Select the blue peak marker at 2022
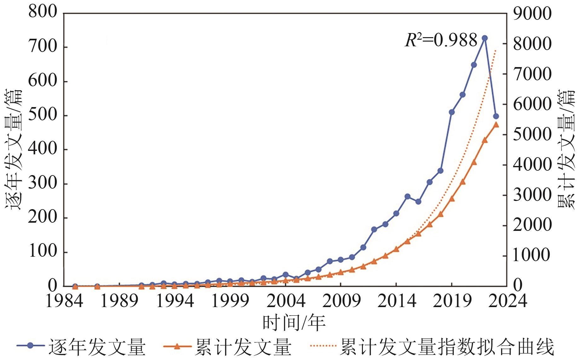485,38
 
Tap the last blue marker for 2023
496,116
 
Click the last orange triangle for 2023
496,125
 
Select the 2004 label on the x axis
286,301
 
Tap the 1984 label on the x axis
64,301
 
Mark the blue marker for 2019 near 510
451,112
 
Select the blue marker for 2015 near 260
407,197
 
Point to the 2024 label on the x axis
507,301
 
